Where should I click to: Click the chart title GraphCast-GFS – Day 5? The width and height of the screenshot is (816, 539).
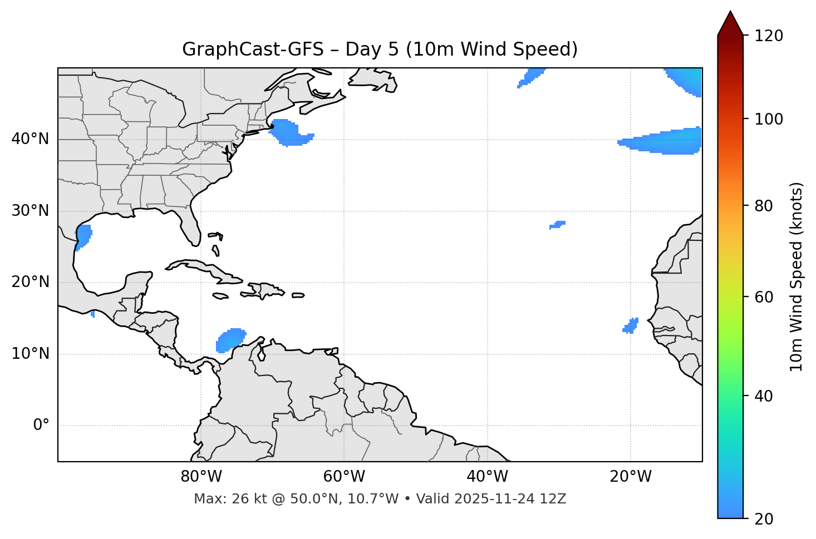click(x=380, y=50)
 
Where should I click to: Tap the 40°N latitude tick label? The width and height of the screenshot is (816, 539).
click(x=30, y=139)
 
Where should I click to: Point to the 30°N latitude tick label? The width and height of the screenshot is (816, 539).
click(x=30, y=211)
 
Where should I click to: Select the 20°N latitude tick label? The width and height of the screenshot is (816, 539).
click(x=30, y=282)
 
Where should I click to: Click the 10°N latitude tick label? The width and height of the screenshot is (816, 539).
click(x=30, y=354)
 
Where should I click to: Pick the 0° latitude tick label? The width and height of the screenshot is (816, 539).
click(x=41, y=426)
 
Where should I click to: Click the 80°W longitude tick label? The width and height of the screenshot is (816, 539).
click(x=201, y=477)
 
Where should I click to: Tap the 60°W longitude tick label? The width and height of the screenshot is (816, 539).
click(x=344, y=477)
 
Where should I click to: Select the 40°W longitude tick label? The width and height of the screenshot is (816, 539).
click(x=487, y=477)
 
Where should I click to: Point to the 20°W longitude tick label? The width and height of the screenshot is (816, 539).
click(x=630, y=477)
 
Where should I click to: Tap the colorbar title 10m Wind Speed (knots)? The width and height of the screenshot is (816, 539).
click(x=797, y=276)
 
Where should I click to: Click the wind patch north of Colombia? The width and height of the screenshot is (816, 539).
click(x=230, y=339)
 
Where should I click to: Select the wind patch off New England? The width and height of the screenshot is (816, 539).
click(x=289, y=132)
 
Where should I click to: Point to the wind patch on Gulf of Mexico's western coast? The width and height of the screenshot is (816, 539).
click(x=83, y=236)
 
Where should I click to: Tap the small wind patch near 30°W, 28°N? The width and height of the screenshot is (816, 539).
click(x=557, y=225)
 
